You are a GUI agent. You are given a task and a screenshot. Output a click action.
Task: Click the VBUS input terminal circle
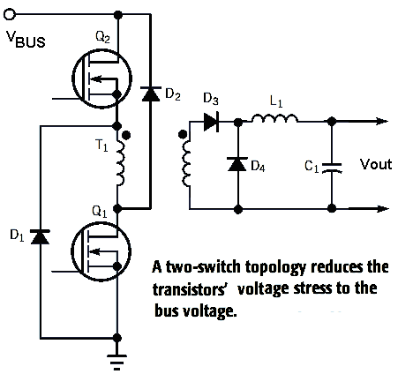point(10,14)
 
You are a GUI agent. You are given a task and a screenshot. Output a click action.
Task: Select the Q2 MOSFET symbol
point(101,79)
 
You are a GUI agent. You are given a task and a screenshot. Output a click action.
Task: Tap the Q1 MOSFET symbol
point(101,251)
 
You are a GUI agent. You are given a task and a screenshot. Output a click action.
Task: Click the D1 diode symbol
point(41,236)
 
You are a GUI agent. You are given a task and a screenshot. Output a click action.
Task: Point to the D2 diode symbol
point(151,93)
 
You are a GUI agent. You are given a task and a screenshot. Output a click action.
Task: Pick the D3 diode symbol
point(211,122)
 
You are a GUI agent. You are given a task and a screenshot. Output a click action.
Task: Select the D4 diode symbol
point(237,164)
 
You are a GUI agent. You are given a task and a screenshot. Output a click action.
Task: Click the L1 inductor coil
point(274,117)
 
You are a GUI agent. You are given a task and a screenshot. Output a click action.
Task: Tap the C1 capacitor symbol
point(332,168)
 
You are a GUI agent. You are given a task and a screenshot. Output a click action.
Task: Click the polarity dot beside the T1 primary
point(126,135)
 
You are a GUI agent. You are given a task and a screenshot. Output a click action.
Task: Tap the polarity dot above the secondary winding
point(183,134)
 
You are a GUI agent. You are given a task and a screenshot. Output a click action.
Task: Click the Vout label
point(376,164)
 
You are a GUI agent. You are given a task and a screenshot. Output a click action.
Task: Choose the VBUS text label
point(26,39)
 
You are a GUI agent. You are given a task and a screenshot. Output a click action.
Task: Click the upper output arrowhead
point(382,121)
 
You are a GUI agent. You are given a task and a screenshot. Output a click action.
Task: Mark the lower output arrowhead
point(382,209)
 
